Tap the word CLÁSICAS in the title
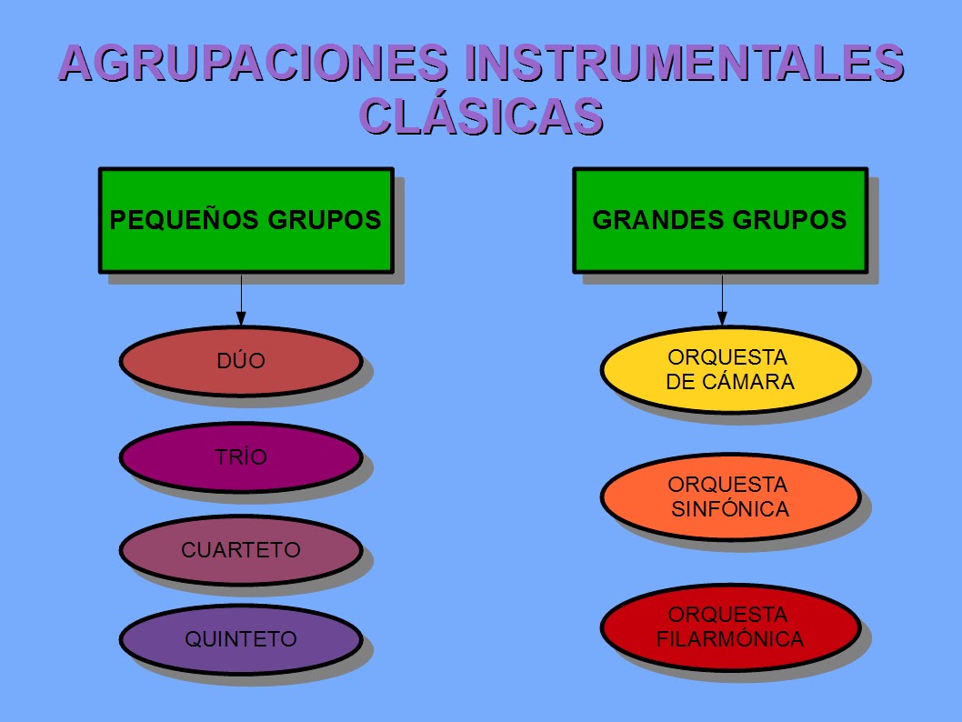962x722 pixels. click(481, 115)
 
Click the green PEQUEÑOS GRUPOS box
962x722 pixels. click(246, 220)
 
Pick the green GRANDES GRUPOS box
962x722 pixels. click(720, 220)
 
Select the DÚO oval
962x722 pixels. click(241, 361)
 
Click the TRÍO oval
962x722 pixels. click(241, 457)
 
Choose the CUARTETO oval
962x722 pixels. click(241, 550)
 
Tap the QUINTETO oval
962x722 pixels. click(241, 639)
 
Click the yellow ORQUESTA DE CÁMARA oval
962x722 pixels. click(730, 368)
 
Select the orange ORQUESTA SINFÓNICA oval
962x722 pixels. click(730, 496)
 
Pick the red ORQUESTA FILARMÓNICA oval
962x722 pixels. click(730, 627)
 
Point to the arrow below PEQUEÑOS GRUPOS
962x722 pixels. click(241, 300)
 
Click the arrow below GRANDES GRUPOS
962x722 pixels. click(722, 300)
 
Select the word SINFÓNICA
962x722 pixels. click(730, 509)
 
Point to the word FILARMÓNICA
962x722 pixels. click(730, 639)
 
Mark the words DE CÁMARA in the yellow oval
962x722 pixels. click(730, 382)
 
